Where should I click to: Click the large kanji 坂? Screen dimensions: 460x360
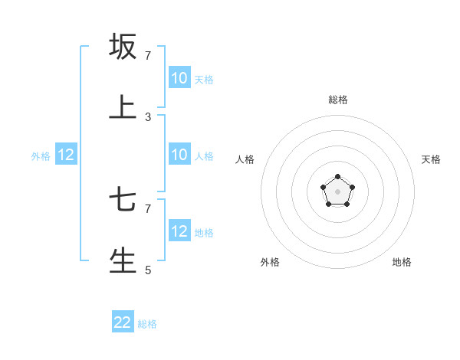click(123, 47)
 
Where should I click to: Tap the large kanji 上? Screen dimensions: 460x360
click(123, 108)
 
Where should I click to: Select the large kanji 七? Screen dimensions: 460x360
click(123, 200)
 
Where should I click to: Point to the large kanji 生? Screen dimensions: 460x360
click(123, 260)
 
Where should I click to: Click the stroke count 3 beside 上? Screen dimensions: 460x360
click(148, 117)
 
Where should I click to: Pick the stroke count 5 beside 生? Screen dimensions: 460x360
click(148, 270)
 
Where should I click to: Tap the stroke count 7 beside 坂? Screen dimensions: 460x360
click(148, 56)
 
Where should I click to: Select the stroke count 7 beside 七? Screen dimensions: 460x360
click(148, 208)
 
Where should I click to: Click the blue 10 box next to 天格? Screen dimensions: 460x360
click(179, 78)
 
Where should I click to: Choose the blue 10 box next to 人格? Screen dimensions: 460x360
click(179, 155)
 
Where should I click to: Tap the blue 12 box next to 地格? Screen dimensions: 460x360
click(179, 231)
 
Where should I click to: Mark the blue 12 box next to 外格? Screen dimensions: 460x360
click(66, 155)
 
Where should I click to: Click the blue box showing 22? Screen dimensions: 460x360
click(123, 322)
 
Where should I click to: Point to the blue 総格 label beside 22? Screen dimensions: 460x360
click(147, 324)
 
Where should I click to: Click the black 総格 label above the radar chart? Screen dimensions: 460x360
click(338, 100)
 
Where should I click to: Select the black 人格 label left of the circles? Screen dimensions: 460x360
click(245, 159)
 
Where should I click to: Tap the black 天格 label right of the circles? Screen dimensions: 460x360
click(431, 159)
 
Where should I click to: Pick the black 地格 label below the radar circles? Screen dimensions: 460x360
click(402, 262)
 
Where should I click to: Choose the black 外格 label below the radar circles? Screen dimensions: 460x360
click(270, 262)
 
